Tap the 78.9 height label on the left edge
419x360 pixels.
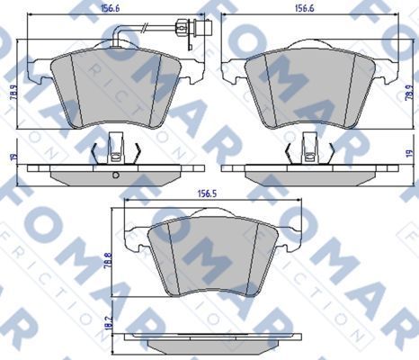pyautogui.click(x=11, y=94)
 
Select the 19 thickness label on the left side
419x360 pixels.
pyautogui.click(x=12, y=158)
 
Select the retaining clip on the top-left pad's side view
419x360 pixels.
pyautogui.click(x=114, y=146)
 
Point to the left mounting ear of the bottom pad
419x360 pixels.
pyautogui.click(x=135, y=238)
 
